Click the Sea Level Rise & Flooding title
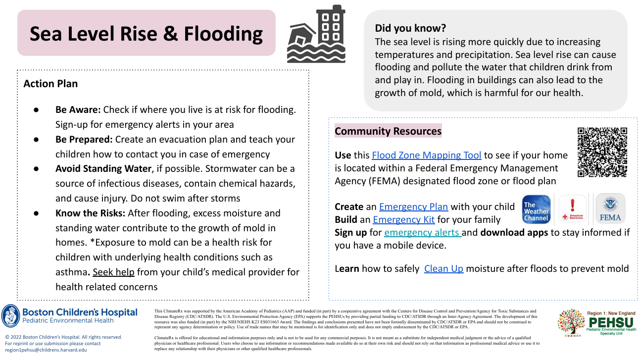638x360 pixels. pyautogui.click(x=146, y=34)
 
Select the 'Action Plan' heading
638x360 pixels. pyautogui.click(x=50, y=84)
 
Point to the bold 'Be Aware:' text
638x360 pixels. pyautogui.click(x=78, y=109)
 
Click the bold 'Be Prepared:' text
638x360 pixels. pyautogui.click(x=84, y=140)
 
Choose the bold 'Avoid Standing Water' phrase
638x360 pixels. pyautogui.click(x=103, y=169)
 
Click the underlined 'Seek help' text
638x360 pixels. pyautogui.click(x=113, y=272)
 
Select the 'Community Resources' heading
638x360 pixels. pyautogui.click(x=388, y=131)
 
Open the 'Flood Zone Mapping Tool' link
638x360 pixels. pyautogui.click(x=426, y=155)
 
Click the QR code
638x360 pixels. pyautogui.click(x=602, y=152)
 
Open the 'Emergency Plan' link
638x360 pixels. pyautogui.click(x=413, y=207)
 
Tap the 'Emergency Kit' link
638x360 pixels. pyautogui.click(x=403, y=220)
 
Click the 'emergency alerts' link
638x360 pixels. pyautogui.click(x=422, y=233)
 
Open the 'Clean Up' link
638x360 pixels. pyautogui.click(x=443, y=269)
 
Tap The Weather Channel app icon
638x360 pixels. pyautogui.click(x=537, y=209)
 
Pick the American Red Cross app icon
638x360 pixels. pyautogui.click(x=573, y=209)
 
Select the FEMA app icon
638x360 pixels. pyautogui.click(x=610, y=209)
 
